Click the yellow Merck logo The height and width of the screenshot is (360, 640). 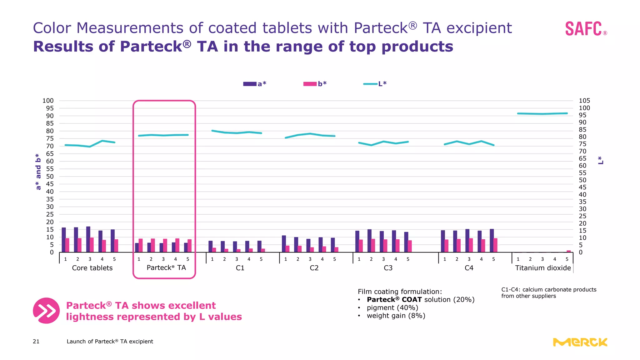(x=580, y=342)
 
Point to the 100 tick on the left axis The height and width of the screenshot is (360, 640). (x=48, y=101)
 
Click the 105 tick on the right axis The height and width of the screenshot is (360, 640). (x=584, y=101)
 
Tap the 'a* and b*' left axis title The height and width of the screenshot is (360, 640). (x=38, y=172)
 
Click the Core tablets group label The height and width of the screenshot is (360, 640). (x=92, y=268)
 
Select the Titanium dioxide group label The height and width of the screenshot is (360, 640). (x=543, y=268)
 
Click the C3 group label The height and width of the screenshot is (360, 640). (x=388, y=268)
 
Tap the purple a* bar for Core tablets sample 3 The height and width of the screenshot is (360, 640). (x=88, y=239)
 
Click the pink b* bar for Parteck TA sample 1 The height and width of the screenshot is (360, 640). (x=141, y=245)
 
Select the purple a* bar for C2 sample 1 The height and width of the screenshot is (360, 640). (x=284, y=244)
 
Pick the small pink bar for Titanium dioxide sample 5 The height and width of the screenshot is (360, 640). (x=569, y=251)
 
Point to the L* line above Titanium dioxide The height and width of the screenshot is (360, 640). (x=542, y=114)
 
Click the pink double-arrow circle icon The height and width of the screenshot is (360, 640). (x=46, y=311)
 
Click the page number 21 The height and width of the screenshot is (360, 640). (x=36, y=342)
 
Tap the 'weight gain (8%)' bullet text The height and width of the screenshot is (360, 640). (x=396, y=316)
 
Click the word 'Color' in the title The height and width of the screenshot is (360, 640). (x=52, y=28)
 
